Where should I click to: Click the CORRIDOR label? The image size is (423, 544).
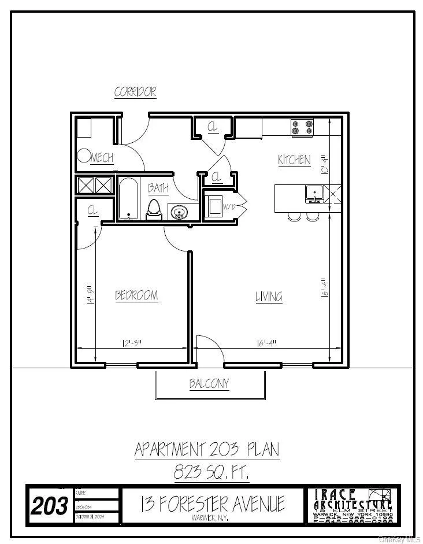pyautogui.click(x=135, y=92)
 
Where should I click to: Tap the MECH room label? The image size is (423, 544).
pyautogui.click(x=102, y=158)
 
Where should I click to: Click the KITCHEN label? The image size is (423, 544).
pyautogui.click(x=294, y=160)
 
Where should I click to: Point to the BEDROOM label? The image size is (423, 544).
pyautogui.click(x=136, y=295)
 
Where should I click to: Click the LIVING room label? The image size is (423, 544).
pyautogui.click(x=269, y=297)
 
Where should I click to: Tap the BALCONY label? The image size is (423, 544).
pyautogui.click(x=209, y=383)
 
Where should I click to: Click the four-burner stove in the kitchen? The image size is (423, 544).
pyautogui.click(x=302, y=128)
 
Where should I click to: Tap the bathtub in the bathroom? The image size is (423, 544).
pyautogui.click(x=128, y=199)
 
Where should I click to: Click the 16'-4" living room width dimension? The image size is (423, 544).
pyautogui.click(x=266, y=342)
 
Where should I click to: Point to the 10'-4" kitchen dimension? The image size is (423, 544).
pyautogui.click(x=325, y=163)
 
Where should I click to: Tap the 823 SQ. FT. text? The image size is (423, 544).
pyautogui.click(x=211, y=472)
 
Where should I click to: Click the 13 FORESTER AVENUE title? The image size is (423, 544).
pyautogui.click(x=212, y=504)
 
